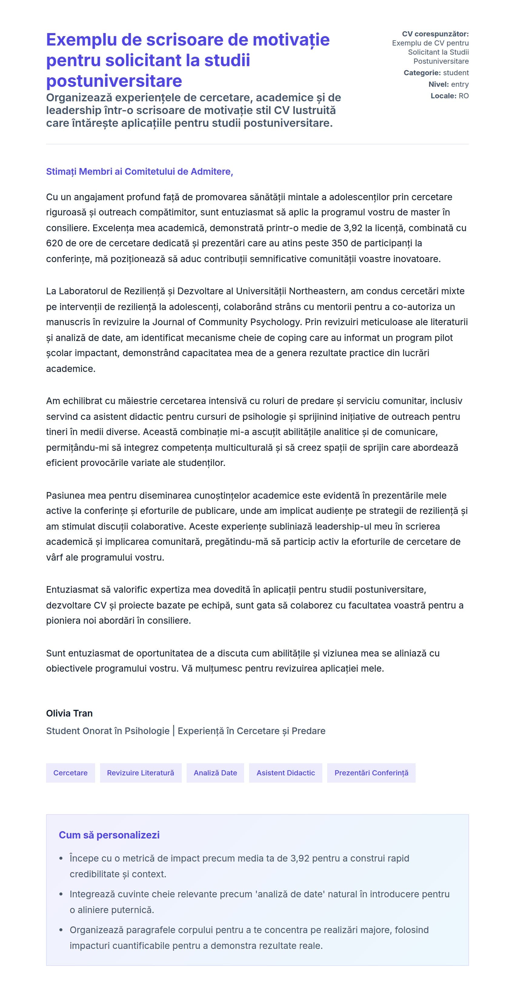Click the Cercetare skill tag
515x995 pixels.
pyautogui.click(x=70, y=773)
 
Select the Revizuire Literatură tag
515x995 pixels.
pyautogui.click(x=141, y=773)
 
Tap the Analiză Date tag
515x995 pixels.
pyautogui.click(x=215, y=773)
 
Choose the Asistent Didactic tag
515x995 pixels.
pyautogui.click(x=285, y=773)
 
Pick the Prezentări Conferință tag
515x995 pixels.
pyautogui.click(x=371, y=773)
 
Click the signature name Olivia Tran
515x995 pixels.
pyautogui.click(x=69, y=713)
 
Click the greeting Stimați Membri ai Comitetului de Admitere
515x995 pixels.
pyautogui.click(x=139, y=171)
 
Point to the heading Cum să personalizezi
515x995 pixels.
pyautogui.click(x=109, y=835)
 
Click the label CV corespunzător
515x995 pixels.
pyautogui.click(x=435, y=34)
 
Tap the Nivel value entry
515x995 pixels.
pyautogui.click(x=460, y=84)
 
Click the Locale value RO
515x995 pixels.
pyautogui.click(x=464, y=96)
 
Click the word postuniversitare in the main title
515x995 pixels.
pyautogui.click(x=114, y=81)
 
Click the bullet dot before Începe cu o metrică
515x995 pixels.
pyautogui.click(x=61, y=859)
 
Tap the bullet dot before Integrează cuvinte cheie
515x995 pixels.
pyautogui.click(x=61, y=894)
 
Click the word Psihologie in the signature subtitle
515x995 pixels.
pyautogui.click(x=147, y=731)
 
